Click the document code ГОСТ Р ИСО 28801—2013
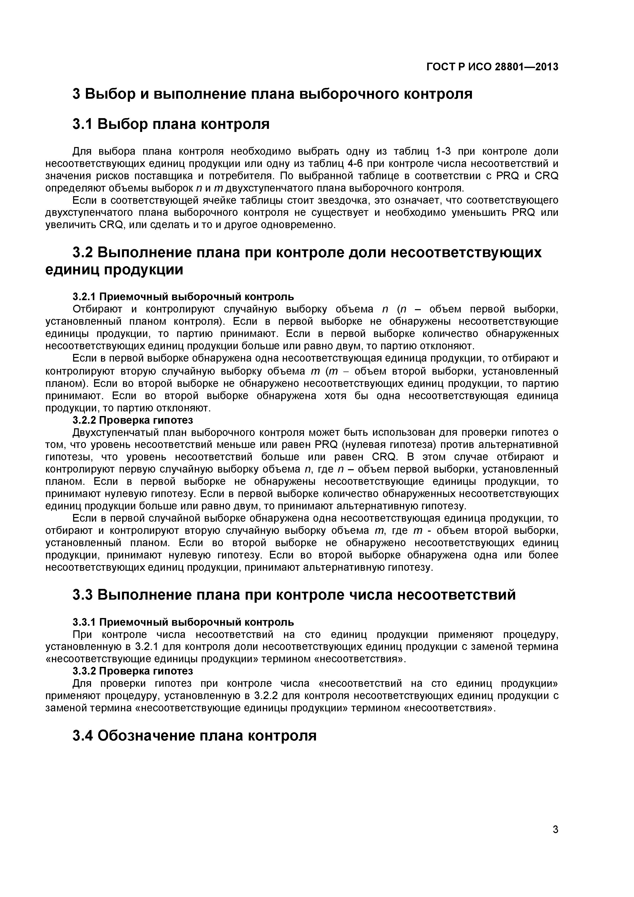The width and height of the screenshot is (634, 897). click(492, 67)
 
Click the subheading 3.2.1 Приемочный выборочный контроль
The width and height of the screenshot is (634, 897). click(183, 297)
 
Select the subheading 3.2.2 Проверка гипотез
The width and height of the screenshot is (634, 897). click(133, 420)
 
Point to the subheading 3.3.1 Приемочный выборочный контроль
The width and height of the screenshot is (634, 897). click(183, 622)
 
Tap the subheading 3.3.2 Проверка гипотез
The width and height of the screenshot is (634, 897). click(133, 671)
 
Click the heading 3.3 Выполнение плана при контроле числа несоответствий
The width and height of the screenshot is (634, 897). click(294, 595)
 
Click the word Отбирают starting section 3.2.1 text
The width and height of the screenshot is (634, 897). click(97, 309)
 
